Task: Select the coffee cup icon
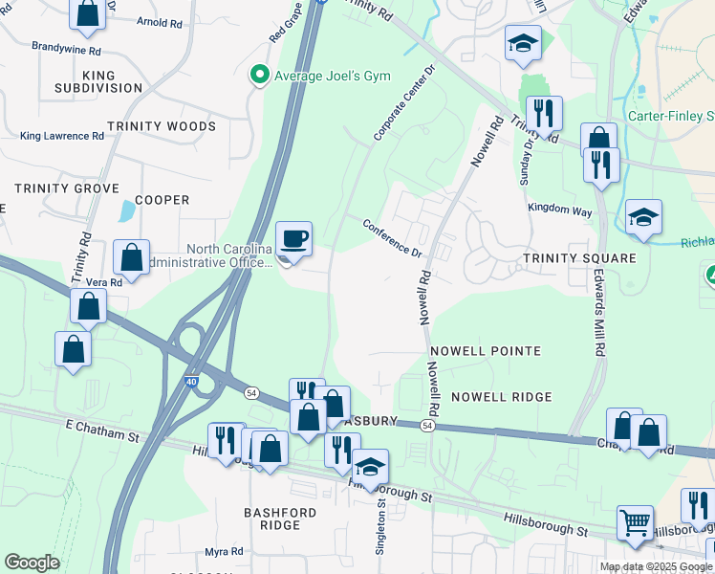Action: click(x=293, y=237)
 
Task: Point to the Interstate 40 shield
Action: click(x=192, y=383)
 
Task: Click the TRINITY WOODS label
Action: click(x=155, y=126)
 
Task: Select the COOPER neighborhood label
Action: click(x=162, y=200)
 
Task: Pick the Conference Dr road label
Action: click(x=392, y=239)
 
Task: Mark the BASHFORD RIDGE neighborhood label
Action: click(x=280, y=519)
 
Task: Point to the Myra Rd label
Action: click(x=224, y=552)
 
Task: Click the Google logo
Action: click(x=32, y=563)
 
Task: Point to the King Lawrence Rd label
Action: click(x=61, y=136)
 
